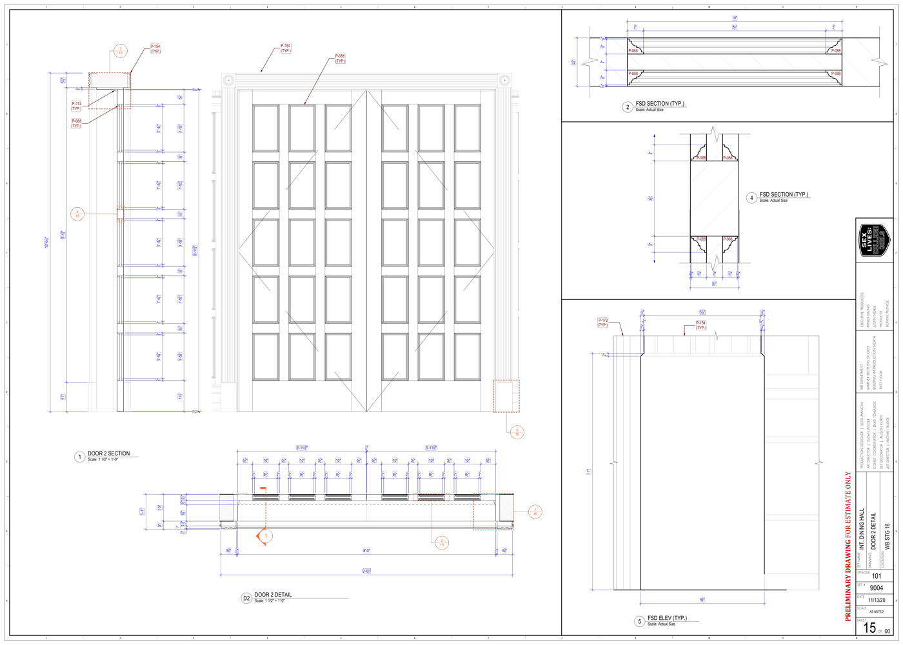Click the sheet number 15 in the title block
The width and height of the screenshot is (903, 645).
[x=869, y=628]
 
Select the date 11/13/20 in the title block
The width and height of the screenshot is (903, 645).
[x=876, y=600]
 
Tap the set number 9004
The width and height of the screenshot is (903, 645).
[x=876, y=588]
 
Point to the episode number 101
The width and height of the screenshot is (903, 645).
[x=876, y=576]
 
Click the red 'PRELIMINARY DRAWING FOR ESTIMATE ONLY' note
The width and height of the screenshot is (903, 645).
[x=848, y=546]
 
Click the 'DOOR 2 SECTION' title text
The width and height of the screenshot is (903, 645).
[x=108, y=453]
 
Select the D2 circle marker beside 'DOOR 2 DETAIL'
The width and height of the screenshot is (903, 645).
[x=246, y=598]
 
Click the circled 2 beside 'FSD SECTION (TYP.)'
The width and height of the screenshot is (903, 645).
[x=627, y=107]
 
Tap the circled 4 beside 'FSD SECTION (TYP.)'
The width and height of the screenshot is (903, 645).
[x=751, y=198]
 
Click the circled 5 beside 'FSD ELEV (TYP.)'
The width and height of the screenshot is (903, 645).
[x=639, y=621]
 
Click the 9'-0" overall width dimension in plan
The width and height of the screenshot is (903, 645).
[x=366, y=571]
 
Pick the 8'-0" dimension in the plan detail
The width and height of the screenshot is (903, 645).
[x=366, y=551]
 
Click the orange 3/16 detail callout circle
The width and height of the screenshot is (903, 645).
[x=120, y=51]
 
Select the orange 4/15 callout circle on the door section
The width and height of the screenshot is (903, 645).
[x=77, y=213]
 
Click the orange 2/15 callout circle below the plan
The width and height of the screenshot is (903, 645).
[x=442, y=542]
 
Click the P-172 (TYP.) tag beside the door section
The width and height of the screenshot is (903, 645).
[x=77, y=106]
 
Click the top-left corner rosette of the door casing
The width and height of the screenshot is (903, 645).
[x=228, y=80]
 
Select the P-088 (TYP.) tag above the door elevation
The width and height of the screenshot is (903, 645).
[x=340, y=59]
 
